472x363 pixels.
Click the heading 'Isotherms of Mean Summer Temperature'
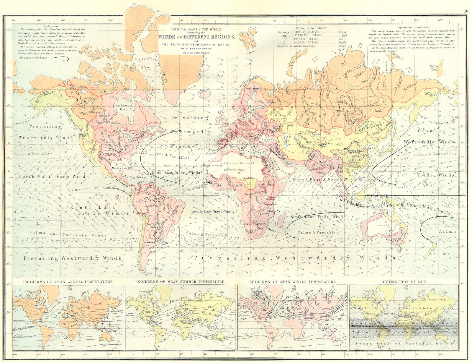tap(180, 282)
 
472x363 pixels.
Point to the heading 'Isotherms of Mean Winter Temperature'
tap(292, 282)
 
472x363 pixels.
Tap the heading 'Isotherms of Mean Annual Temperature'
tap(68, 282)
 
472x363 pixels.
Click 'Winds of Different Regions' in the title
tap(197, 37)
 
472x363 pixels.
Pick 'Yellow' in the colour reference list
tap(342, 46)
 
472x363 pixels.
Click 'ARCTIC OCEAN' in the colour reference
tap(307, 32)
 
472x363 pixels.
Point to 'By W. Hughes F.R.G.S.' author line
tap(197, 52)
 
